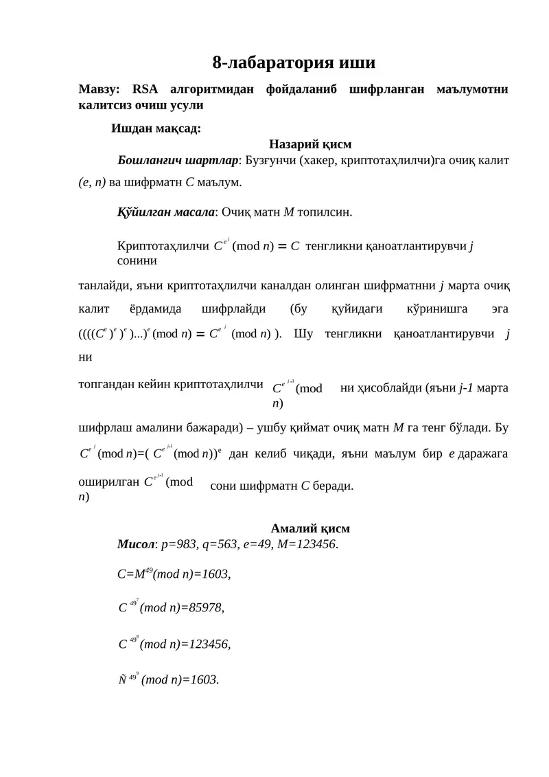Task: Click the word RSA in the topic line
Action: [145, 89]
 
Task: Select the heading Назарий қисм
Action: [310, 144]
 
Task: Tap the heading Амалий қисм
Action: [310, 529]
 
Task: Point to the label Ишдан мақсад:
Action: [156, 128]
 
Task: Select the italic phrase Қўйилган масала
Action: [167, 212]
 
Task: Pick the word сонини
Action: [137, 261]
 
